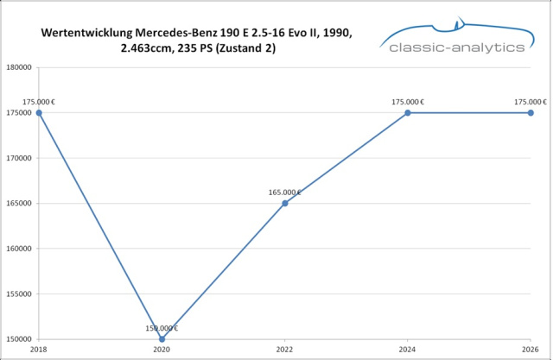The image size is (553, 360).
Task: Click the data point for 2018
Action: click(39, 112)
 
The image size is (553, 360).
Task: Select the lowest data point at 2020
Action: click(162, 338)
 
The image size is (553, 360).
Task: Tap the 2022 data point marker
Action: click(285, 203)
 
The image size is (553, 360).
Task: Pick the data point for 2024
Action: click(408, 112)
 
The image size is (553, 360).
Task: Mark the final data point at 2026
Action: click(531, 112)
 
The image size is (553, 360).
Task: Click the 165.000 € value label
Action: click(285, 193)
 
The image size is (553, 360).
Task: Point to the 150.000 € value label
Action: click(162, 328)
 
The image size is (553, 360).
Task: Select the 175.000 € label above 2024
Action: click(408, 102)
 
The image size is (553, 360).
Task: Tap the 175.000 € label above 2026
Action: click(530, 102)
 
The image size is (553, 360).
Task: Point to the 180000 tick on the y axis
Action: click(20, 67)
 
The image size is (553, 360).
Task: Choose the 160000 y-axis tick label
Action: click(20, 249)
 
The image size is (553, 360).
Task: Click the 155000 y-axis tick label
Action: click(20, 294)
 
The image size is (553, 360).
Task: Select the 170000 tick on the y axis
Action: click(20, 158)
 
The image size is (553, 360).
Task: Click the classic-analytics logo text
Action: click(457, 47)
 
